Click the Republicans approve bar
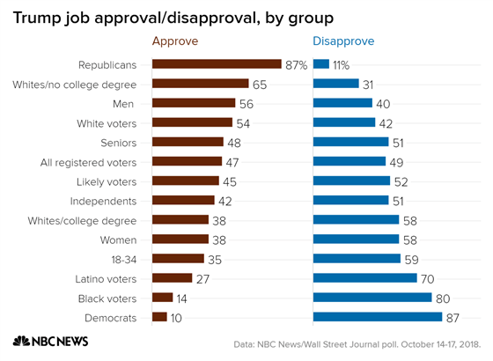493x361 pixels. click(x=217, y=64)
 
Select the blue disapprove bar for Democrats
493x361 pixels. click(x=378, y=317)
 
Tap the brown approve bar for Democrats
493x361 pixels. click(x=159, y=317)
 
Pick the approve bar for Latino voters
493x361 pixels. click(x=173, y=278)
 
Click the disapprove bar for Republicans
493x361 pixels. click(x=321, y=64)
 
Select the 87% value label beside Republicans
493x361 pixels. click(x=297, y=64)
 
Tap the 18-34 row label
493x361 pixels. click(x=121, y=259)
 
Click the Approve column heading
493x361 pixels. click(x=175, y=41)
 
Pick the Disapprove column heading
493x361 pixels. click(x=343, y=41)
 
